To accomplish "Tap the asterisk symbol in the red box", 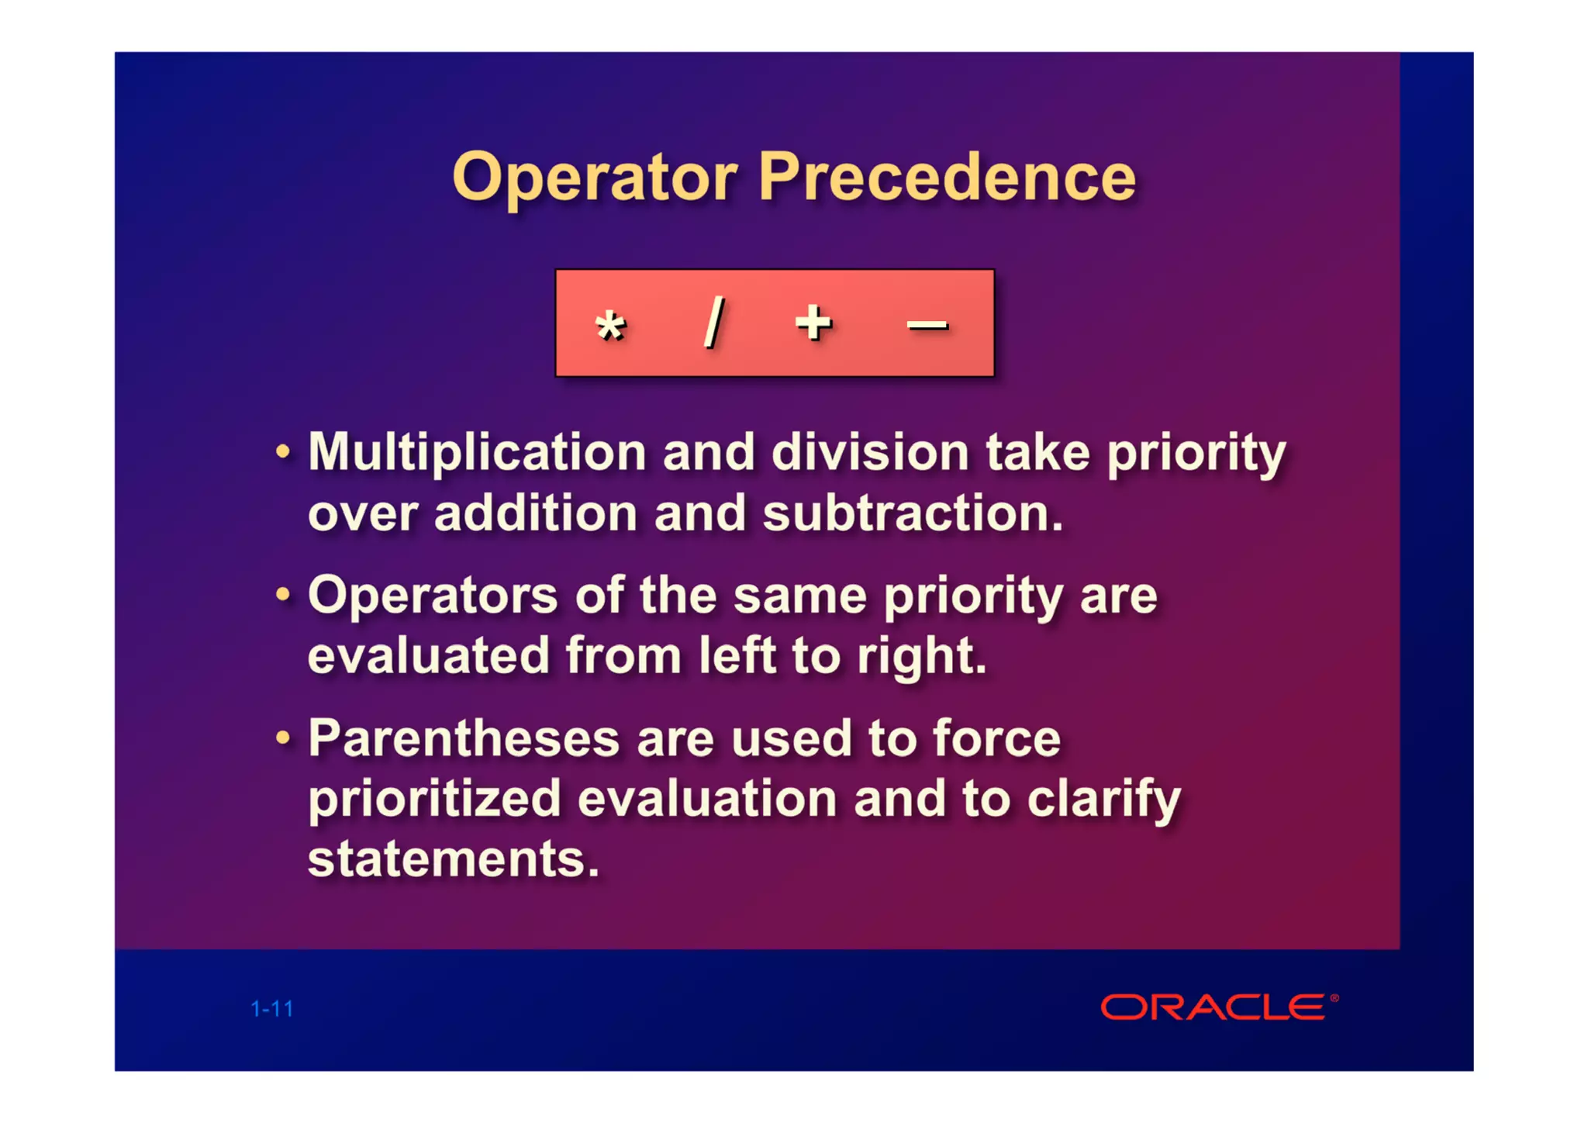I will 610,326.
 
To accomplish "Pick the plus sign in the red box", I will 813,322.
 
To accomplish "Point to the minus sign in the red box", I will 927,325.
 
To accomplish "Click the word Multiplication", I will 477,452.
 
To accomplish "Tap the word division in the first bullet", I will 870,452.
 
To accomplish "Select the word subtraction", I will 913,513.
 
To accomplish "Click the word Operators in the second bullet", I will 433,596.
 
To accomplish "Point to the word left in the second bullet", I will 737,656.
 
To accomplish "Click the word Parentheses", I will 464,738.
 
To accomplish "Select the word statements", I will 454,859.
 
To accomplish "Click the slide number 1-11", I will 272,1009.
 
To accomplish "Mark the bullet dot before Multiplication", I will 283,451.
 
